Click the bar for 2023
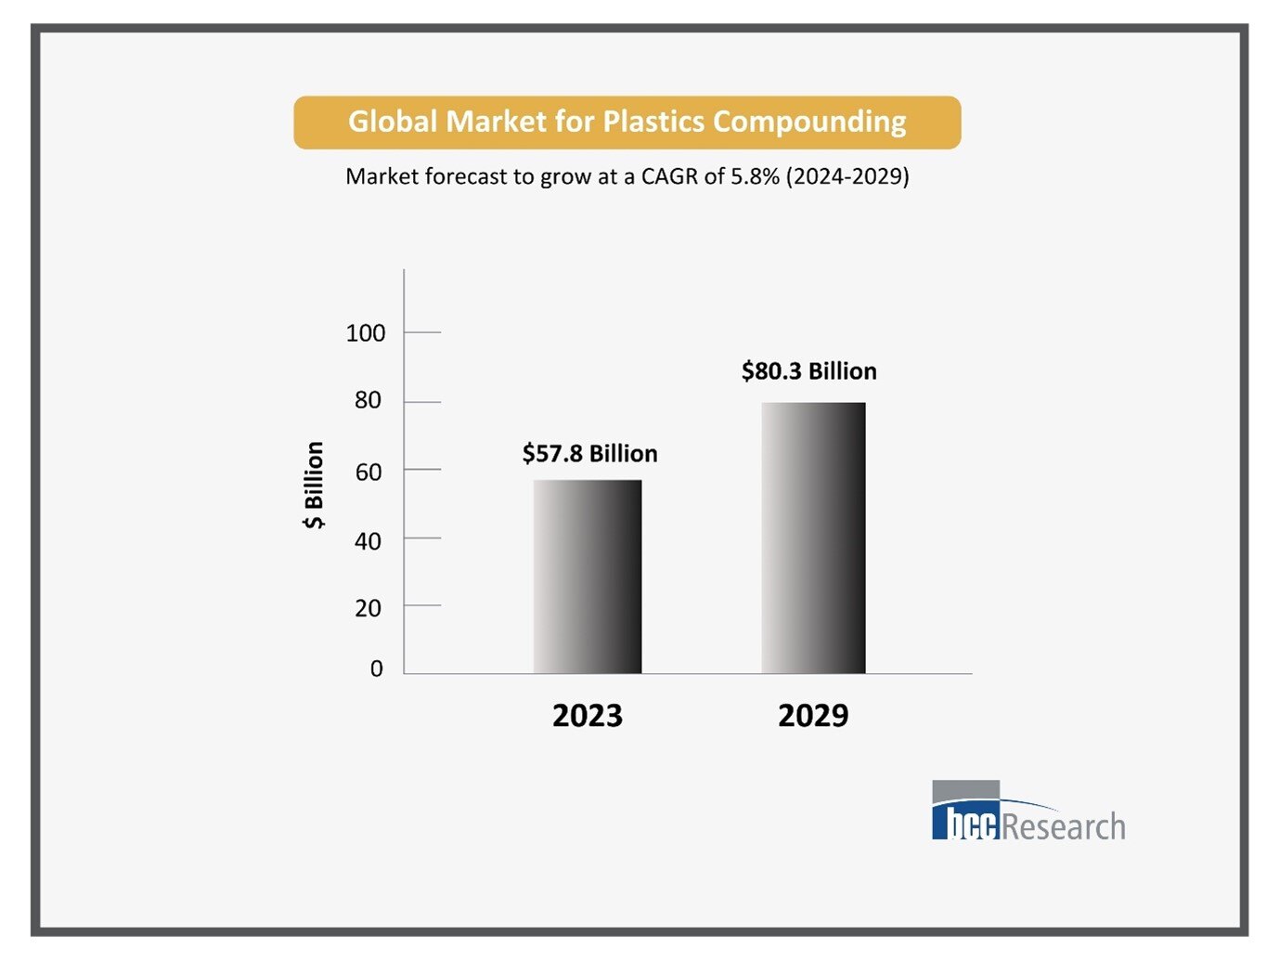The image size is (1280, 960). (x=587, y=577)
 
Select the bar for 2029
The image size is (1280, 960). (x=813, y=538)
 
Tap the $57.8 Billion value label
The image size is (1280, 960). (x=589, y=453)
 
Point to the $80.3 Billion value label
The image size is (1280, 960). (x=808, y=371)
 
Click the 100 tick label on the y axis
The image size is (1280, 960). (x=366, y=333)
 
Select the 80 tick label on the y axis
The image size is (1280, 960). (x=368, y=400)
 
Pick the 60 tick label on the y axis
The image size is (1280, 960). (x=368, y=473)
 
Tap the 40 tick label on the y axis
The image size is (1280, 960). (x=368, y=541)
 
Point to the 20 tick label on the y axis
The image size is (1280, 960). (x=368, y=608)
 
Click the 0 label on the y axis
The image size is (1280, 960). (x=376, y=668)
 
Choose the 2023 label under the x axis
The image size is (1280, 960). (x=587, y=716)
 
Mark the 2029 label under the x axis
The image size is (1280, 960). (x=813, y=716)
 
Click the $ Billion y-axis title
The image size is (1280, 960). (x=314, y=485)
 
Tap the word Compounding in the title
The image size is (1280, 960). (x=809, y=122)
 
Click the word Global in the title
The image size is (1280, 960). (x=393, y=122)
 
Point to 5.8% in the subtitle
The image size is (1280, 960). (x=755, y=176)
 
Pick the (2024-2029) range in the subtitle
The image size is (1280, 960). (x=847, y=176)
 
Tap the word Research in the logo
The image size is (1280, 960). (x=1065, y=826)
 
